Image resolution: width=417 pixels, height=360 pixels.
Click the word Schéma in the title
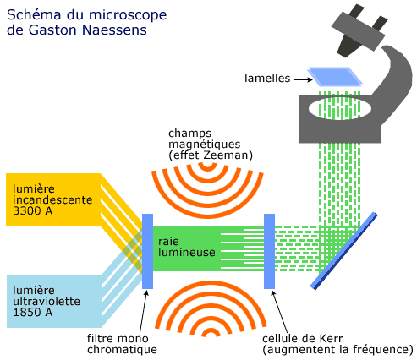pos(34,14)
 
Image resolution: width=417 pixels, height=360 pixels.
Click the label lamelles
pos(267,79)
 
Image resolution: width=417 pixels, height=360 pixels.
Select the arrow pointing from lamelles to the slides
pos(304,80)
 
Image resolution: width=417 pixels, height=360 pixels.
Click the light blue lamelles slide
pos(335,76)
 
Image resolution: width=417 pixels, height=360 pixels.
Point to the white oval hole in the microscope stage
pos(340,109)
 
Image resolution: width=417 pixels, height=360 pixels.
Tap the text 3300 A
pos(33,210)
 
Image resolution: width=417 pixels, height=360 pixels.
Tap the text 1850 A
pos(33,312)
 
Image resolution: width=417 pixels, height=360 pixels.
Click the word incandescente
pos(52,199)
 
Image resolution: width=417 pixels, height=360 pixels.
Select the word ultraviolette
pos(47,301)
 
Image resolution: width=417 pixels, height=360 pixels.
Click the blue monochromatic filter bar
pos(147,251)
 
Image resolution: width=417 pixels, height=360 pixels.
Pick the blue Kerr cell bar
pos(269,251)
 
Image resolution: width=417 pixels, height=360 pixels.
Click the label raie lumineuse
pos(187,247)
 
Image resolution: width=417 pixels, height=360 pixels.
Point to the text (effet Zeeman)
pos(211,155)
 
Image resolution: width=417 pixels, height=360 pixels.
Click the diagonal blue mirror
pos(343,251)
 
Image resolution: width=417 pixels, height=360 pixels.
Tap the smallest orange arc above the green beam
pos(208,167)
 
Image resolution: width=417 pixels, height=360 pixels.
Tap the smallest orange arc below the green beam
pos(211,333)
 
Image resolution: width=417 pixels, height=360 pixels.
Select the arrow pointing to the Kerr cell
pos(280,312)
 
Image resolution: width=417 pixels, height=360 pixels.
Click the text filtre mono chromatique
pos(122,344)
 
